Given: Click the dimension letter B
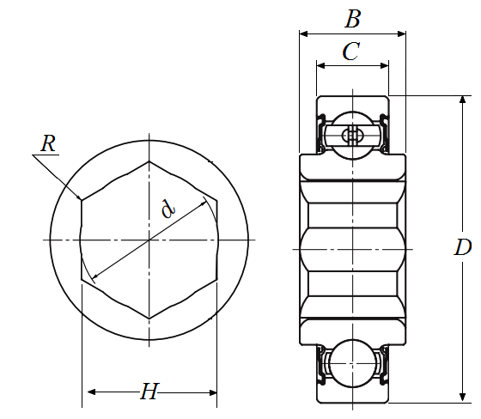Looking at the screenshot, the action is point(353,19).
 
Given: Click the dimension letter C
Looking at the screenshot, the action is point(350,52).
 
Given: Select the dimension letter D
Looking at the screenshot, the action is point(463,247).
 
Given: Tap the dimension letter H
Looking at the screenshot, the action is point(149,392).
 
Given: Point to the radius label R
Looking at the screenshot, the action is point(48,143).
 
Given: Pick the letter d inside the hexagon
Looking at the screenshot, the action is point(168,209).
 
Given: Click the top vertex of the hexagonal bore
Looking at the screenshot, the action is point(149,161).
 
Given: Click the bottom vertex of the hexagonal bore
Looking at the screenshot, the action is point(149,318).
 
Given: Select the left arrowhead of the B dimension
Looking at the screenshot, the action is point(303,33).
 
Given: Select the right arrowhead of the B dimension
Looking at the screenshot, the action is point(402,33).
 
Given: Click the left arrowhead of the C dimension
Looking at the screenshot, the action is point(321,65).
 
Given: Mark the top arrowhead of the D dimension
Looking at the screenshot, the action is point(463,100).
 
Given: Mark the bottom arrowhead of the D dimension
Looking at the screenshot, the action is point(463,398).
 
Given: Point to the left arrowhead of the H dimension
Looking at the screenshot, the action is point(92,392).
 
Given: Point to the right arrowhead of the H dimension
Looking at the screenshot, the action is point(213,392).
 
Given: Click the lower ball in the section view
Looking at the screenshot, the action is point(352,363).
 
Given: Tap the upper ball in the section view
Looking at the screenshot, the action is point(352,136).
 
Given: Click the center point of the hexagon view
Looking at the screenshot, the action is point(149,240).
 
